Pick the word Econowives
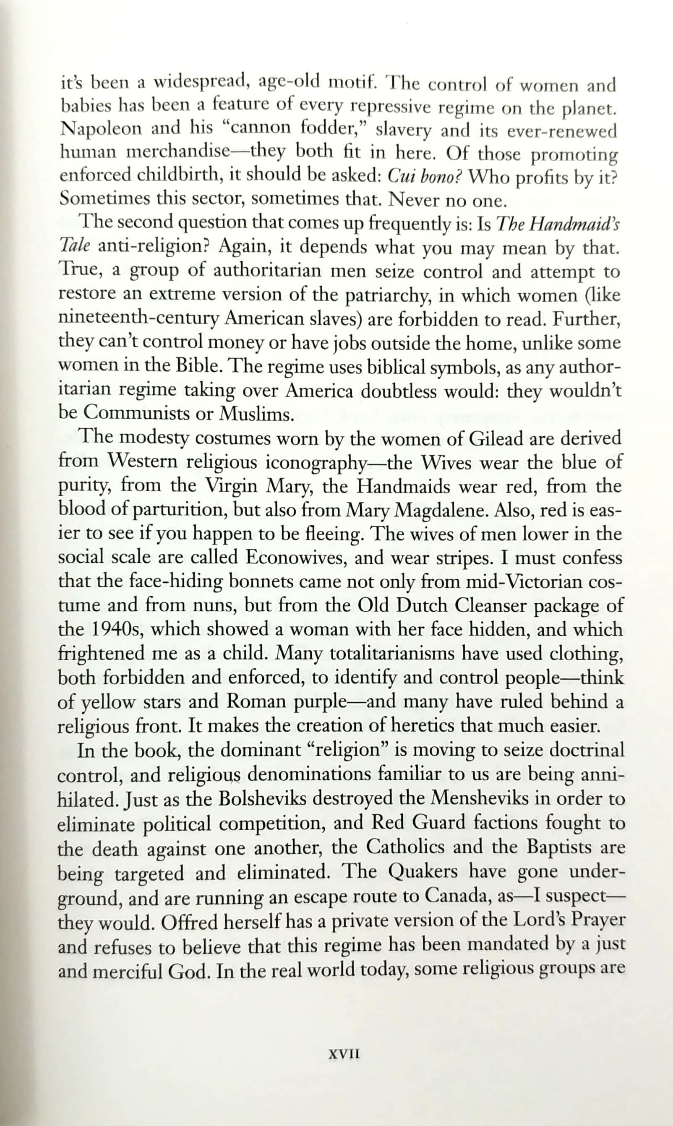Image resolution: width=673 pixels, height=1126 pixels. (296, 558)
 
